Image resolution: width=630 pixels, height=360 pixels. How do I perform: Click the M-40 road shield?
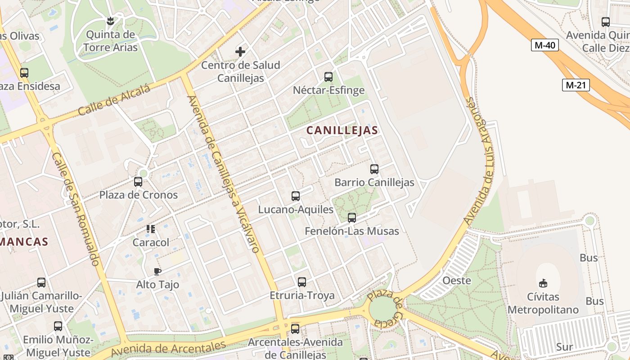coord(544,45)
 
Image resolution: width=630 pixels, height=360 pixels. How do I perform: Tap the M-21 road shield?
coord(576,85)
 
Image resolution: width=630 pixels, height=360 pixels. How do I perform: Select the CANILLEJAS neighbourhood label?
coord(342,130)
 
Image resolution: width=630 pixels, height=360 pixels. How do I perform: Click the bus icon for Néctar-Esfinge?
coord(328,77)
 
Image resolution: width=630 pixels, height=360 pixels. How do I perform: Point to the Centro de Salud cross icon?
coord(240,52)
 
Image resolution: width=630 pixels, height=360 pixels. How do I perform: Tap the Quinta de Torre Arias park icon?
coord(110,21)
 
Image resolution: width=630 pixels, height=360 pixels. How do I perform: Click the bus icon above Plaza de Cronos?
coord(138,182)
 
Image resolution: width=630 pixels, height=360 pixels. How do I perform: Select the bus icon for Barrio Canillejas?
coord(374,169)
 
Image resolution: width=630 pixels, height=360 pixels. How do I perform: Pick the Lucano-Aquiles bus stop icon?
coord(296,196)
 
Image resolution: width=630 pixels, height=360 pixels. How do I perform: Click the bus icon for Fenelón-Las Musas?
coord(352,218)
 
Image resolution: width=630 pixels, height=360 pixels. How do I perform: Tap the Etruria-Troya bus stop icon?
coord(302,282)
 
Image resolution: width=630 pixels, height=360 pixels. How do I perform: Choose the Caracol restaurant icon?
coord(151,229)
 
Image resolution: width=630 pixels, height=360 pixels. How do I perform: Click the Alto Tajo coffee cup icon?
coord(157,271)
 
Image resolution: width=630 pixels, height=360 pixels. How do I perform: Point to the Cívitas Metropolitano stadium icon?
coord(543,283)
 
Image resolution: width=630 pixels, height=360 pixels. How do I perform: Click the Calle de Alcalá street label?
coord(114,100)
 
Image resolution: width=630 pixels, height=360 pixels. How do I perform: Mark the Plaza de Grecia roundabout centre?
coord(383,310)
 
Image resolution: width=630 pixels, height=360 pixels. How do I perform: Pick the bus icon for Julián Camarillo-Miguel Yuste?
coord(41,283)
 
